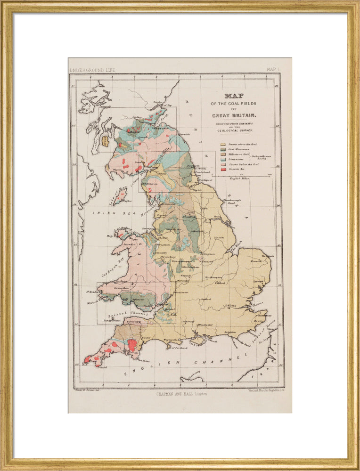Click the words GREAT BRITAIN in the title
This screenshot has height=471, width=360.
[x=234, y=115]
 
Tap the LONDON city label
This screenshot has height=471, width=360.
[x=229, y=306]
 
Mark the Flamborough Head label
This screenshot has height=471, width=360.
[x=232, y=201]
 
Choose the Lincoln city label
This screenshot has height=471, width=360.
[x=219, y=238]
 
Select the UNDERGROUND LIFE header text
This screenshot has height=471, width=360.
[x=92, y=70]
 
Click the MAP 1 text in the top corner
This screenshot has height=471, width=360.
[x=273, y=70]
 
